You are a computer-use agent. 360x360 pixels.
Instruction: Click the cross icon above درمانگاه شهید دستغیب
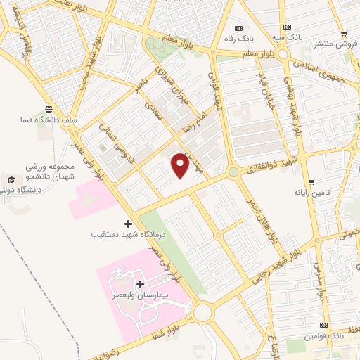[127, 223]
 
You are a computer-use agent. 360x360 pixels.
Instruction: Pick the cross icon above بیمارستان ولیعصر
[139, 285]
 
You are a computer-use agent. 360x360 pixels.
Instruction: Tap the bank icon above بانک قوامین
[323, 326]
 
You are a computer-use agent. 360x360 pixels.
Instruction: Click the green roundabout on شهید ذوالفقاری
[232, 172]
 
